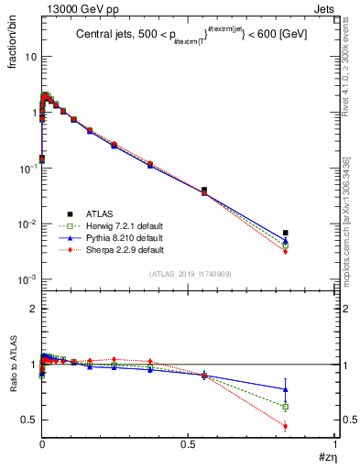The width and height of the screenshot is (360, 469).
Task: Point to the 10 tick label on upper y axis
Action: [29, 56]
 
